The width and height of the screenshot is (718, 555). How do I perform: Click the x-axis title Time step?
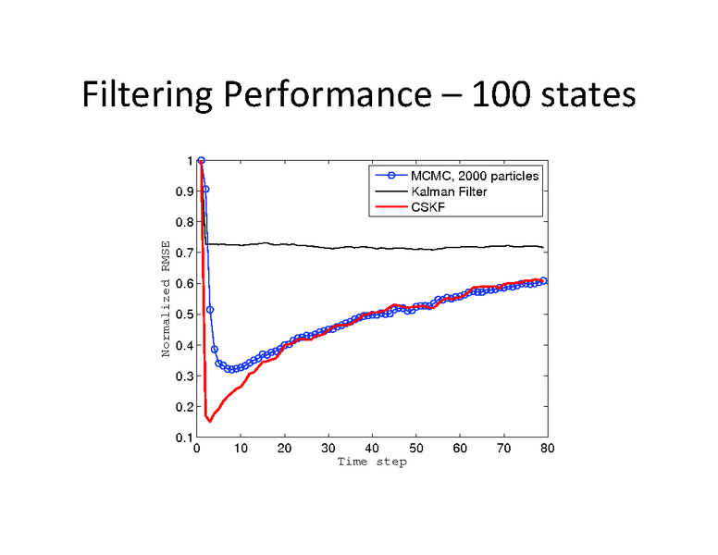pyautogui.click(x=371, y=462)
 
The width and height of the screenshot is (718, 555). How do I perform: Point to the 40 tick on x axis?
pyautogui.click(x=372, y=449)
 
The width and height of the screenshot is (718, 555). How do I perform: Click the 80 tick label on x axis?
pyautogui.click(x=547, y=449)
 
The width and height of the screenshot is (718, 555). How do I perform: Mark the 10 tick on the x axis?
pyautogui.click(x=241, y=449)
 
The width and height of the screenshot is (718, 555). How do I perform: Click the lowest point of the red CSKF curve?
pyautogui.click(x=209, y=421)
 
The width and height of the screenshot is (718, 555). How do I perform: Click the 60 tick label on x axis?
pyautogui.click(x=460, y=449)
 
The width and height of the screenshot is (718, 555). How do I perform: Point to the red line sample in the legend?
pyautogui.click(x=390, y=207)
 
